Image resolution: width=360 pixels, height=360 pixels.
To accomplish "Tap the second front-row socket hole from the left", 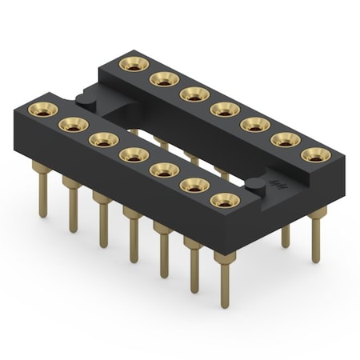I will [72, 124].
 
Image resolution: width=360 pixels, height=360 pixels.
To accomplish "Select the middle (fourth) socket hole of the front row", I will [133, 153].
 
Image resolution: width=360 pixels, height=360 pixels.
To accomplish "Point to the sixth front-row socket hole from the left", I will [194, 185].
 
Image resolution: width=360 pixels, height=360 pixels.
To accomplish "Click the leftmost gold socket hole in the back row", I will [133, 63].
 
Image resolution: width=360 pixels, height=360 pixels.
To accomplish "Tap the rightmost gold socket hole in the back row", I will [316, 154].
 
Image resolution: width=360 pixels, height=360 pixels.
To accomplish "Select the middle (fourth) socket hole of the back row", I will [225, 108].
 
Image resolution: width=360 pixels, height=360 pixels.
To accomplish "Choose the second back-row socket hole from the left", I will [164, 78].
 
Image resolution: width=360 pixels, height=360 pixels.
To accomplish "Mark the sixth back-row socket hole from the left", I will [286, 138].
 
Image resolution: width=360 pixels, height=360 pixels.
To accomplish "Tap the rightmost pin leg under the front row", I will [224, 280].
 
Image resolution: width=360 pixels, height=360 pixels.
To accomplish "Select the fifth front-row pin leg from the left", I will [163, 250].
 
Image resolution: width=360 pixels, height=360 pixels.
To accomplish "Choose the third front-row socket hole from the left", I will [102, 138].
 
